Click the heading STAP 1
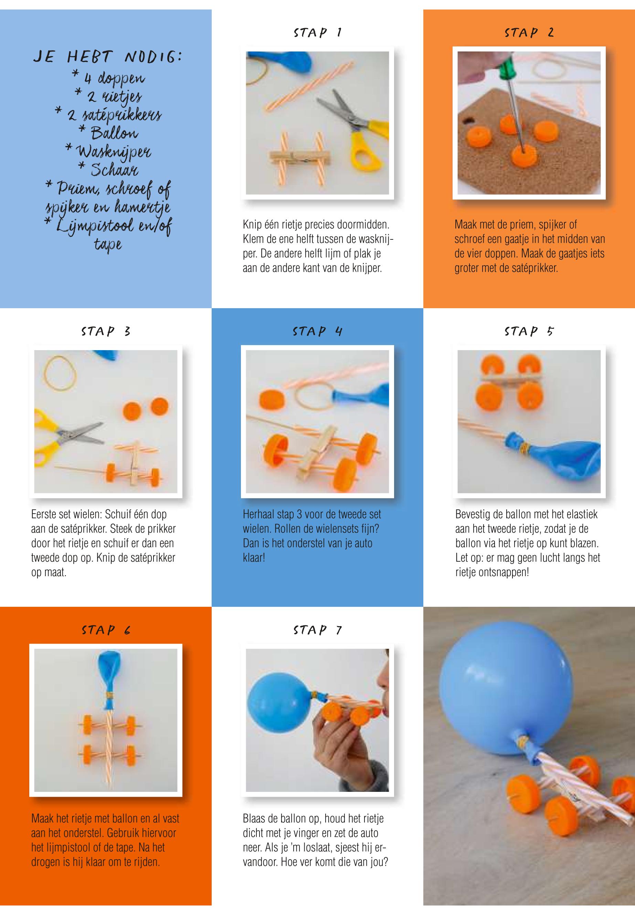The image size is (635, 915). (x=317, y=33)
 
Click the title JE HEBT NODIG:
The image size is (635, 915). (x=107, y=57)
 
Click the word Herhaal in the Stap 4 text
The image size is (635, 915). (x=258, y=514)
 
